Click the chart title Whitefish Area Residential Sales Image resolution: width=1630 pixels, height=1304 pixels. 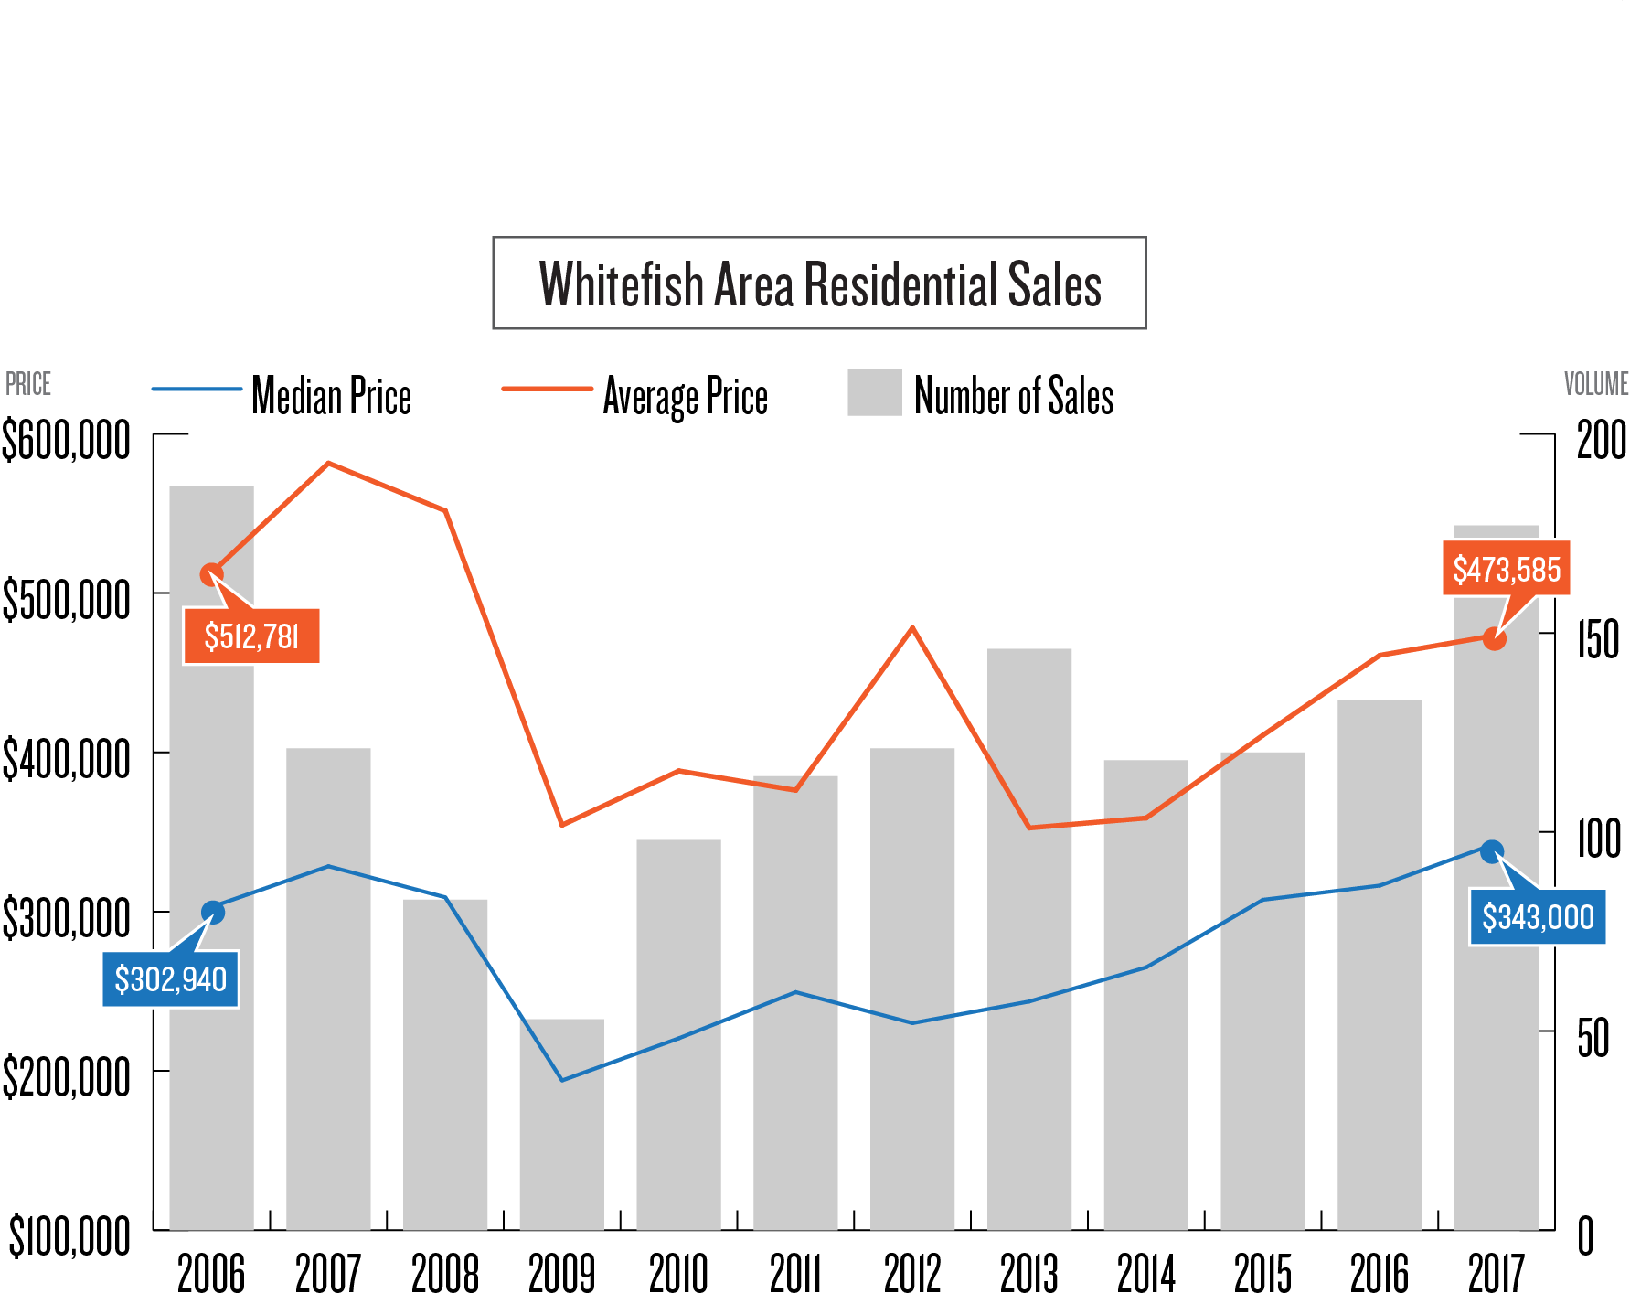819,283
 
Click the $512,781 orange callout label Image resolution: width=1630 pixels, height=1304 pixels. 251,636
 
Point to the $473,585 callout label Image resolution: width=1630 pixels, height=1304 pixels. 1507,569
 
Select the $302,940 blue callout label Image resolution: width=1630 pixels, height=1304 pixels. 171,979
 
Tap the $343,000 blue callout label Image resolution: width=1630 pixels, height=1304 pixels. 1538,917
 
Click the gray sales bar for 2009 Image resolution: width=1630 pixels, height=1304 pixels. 562,1125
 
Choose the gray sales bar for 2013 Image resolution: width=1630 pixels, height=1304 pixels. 1029,942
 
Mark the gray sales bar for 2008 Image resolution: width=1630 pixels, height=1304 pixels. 445,1065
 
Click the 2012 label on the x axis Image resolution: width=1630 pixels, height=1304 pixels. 912,1273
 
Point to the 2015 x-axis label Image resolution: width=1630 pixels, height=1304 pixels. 1262,1273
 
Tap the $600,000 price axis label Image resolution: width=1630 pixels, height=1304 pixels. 66,441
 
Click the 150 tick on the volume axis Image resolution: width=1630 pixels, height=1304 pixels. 1598,639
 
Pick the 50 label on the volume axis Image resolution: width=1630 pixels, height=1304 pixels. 1593,1038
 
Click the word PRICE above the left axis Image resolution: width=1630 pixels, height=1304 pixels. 28,384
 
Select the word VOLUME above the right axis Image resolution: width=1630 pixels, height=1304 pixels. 1596,384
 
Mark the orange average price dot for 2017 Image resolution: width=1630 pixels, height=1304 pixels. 1494,638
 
